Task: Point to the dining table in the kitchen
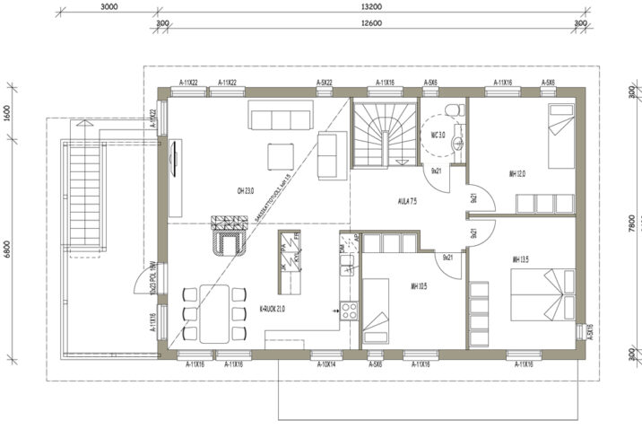(x=213, y=312)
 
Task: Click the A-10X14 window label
(x=326, y=364)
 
